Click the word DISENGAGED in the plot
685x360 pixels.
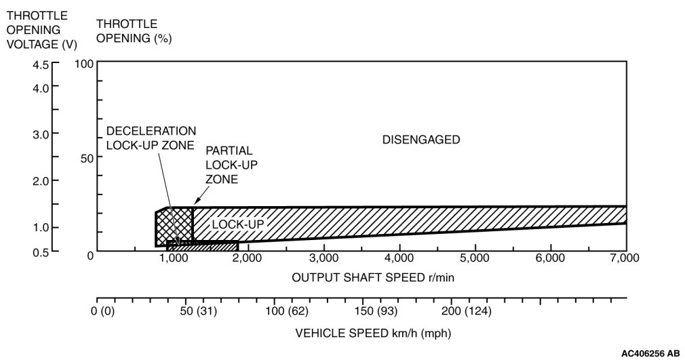coord(421,140)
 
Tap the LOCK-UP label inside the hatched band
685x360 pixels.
coord(237,224)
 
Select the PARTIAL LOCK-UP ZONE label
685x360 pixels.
coord(231,164)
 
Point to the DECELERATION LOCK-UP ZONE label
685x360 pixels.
coord(151,138)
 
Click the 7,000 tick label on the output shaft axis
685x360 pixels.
coord(624,258)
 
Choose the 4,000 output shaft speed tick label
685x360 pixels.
coord(399,258)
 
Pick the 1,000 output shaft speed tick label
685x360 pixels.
coord(173,258)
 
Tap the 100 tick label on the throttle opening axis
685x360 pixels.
coord(83,64)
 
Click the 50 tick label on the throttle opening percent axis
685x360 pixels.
coord(86,158)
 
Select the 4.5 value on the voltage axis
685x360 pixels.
coord(41,65)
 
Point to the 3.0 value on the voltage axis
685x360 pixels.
coord(41,134)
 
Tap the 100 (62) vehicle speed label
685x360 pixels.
coord(288,312)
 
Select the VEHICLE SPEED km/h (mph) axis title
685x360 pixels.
coord(373,334)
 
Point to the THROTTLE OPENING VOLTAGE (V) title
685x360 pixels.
coord(41,30)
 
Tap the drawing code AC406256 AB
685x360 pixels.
coord(650,353)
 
